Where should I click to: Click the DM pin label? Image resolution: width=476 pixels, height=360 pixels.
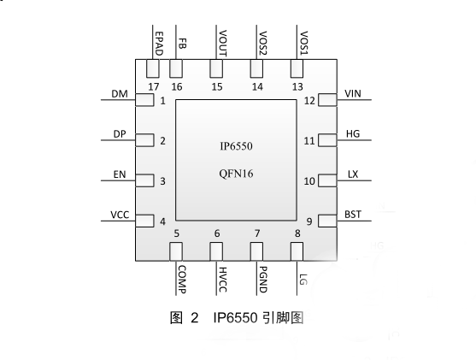click(x=120, y=94)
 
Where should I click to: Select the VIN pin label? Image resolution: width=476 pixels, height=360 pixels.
click(x=353, y=93)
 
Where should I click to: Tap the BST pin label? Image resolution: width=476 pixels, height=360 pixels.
click(x=353, y=215)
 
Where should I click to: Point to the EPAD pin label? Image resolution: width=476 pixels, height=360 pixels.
click(x=159, y=44)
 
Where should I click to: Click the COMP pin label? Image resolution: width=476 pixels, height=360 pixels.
click(x=182, y=279)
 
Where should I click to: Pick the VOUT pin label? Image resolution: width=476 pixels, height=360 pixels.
click(x=222, y=44)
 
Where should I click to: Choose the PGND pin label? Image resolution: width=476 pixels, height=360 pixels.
click(x=263, y=279)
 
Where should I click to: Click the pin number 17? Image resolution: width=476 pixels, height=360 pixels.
click(x=154, y=87)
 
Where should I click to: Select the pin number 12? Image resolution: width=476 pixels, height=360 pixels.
click(x=309, y=101)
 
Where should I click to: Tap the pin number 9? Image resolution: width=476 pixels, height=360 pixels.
click(x=309, y=221)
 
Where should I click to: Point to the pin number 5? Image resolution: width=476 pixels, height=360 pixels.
click(x=176, y=233)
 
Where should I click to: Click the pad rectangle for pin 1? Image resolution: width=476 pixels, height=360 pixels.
click(x=144, y=100)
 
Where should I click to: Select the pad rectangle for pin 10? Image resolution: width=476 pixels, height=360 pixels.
click(x=327, y=180)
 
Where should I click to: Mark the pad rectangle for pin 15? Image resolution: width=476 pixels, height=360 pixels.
click(x=216, y=68)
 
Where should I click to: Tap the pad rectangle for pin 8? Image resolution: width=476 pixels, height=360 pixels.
click(x=297, y=251)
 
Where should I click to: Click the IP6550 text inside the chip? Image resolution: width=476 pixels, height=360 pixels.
click(x=236, y=146)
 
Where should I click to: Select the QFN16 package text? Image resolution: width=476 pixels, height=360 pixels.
click(x=236, y=174)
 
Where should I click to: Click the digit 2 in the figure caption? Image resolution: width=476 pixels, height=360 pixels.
click(x=195, y=318)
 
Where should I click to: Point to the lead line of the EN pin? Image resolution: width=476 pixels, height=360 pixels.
click(x=118, y=180)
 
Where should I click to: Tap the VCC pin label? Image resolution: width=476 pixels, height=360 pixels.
click(x=120, y=215)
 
